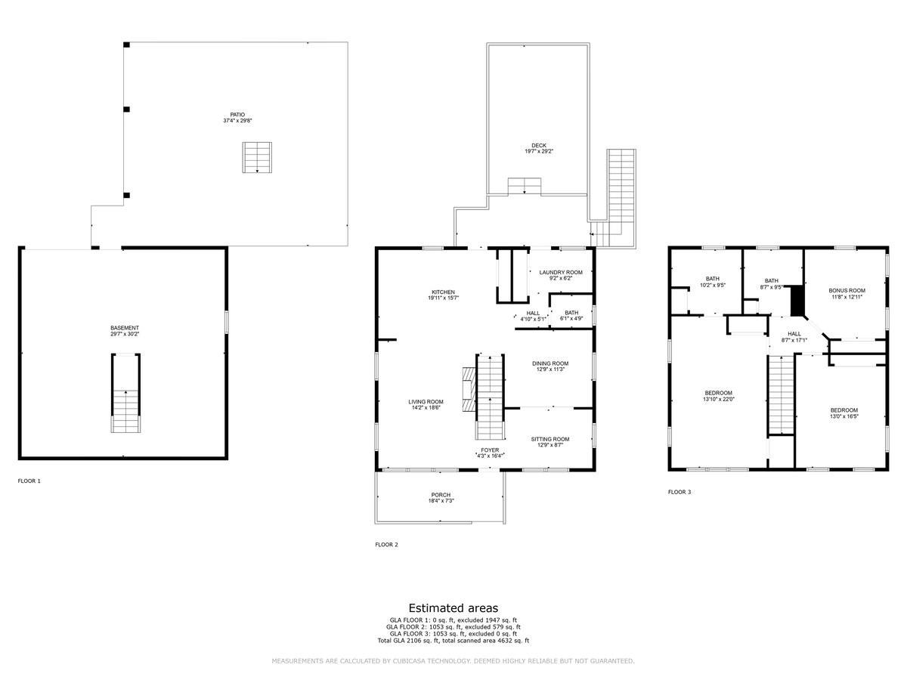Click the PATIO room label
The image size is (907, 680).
237,115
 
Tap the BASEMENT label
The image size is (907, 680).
125,328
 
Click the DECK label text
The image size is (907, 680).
538,146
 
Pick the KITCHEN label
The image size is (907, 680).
443,292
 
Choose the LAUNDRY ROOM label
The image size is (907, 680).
560,272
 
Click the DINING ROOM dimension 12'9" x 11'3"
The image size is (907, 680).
550,369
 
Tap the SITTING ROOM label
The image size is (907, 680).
550,439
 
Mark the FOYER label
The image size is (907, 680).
490,450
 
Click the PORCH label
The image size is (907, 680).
441,495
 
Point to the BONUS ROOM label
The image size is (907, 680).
847,290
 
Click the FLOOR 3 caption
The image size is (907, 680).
679,492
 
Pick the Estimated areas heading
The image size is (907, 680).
453,607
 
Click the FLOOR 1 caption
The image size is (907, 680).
29,481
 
